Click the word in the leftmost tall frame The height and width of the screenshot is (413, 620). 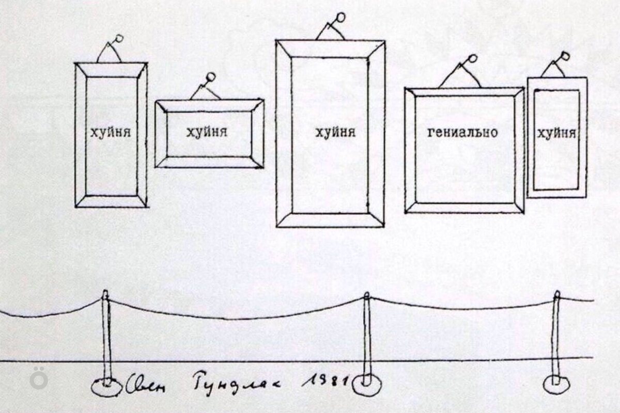(111, 132)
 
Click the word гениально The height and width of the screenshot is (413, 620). (463, 132)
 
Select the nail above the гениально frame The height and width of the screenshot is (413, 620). (473, 58)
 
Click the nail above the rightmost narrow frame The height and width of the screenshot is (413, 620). (564, 55)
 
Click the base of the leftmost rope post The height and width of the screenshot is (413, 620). (106, 386)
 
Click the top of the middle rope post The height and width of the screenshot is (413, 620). (366, 296)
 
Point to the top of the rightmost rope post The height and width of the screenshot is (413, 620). (556, 295)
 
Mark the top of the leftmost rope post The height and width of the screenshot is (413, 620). (105, 294)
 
